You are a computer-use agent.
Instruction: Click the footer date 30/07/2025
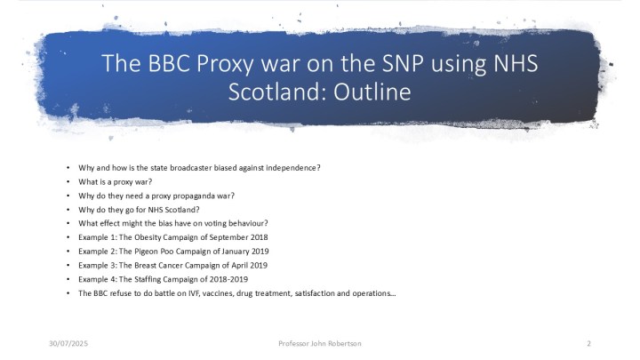(68, 342)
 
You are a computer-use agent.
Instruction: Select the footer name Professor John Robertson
(320, 342)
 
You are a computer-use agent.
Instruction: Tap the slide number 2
(589, 342)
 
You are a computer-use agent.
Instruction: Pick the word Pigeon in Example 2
(140, 252)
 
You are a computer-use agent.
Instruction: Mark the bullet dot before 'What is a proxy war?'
(68, 182)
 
